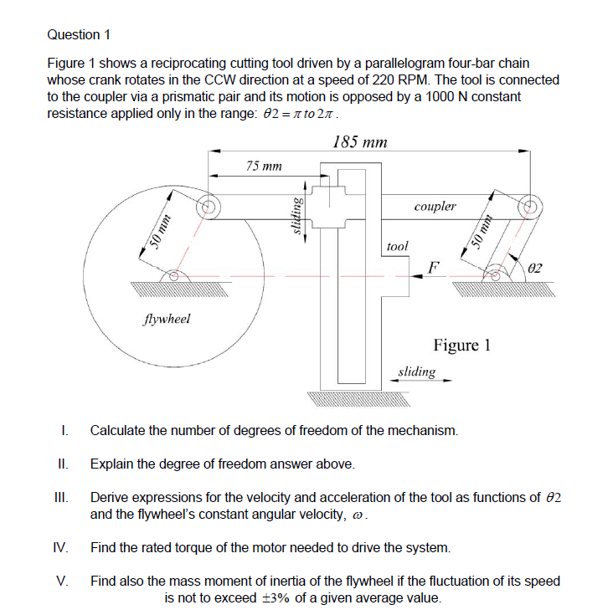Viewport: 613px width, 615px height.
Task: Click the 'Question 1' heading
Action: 80,34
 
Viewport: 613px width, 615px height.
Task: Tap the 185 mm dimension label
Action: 359,141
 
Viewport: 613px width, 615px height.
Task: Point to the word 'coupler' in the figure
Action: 435,206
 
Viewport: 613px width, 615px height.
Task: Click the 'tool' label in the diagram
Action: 398,246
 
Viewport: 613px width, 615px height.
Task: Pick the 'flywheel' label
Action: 167,318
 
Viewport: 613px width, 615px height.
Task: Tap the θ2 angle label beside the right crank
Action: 536,268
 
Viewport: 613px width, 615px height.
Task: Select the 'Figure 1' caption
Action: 461,345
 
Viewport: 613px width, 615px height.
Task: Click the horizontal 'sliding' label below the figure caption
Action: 416,371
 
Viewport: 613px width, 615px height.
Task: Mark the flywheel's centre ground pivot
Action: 173,275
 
